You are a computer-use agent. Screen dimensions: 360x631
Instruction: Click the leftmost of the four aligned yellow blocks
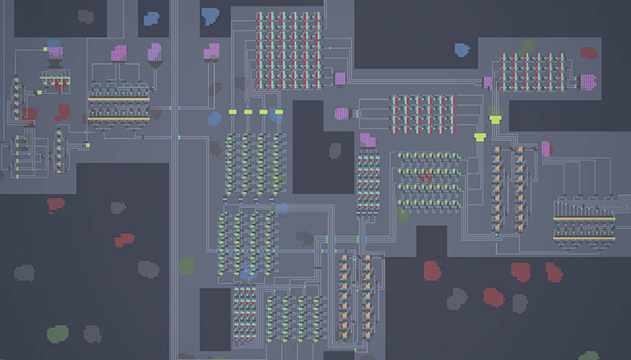click(231, 112)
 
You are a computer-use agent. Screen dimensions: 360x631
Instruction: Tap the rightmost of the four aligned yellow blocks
click(277, 112)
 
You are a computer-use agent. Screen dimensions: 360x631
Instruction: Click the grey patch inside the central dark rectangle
click(334, 149)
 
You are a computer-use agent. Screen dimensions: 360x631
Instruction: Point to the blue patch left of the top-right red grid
click(462, 50)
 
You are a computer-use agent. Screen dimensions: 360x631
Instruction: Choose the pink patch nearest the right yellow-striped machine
click(546, 149)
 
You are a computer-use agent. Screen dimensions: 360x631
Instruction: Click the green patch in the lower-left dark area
click(57, 334)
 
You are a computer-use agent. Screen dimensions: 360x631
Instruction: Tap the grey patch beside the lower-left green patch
click(92, 334)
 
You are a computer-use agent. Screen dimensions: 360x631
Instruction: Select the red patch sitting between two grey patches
click(124, 240)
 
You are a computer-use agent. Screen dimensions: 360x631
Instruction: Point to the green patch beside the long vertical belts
click(186, 266)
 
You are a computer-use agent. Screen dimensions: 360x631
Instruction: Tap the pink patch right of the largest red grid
click(339, 78)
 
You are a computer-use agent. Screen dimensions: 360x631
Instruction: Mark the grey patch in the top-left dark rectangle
click(86, 16)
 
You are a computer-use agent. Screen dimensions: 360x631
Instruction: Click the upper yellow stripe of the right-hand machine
click(584, 219)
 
